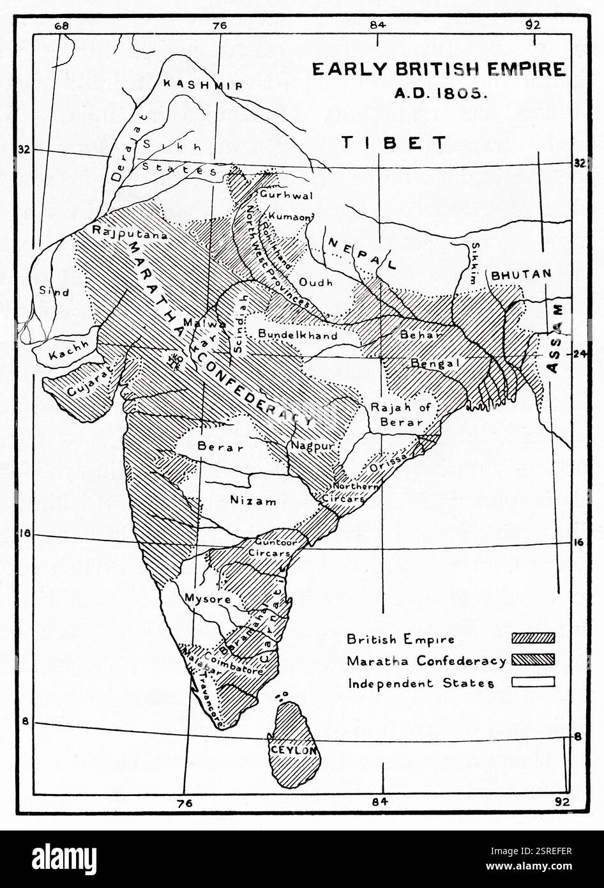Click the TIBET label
pos(394,142)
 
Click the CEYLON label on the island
pos(294,750)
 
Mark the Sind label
pos(54,291)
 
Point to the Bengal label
pos(435,363)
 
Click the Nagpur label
pos(312,446)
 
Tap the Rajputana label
pos(130,234)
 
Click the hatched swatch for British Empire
pos(533,638)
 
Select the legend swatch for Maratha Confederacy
pos(533,659)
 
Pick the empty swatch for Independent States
pos(533,682)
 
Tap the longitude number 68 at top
pos(62,26)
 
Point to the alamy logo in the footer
pos(64,859)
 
